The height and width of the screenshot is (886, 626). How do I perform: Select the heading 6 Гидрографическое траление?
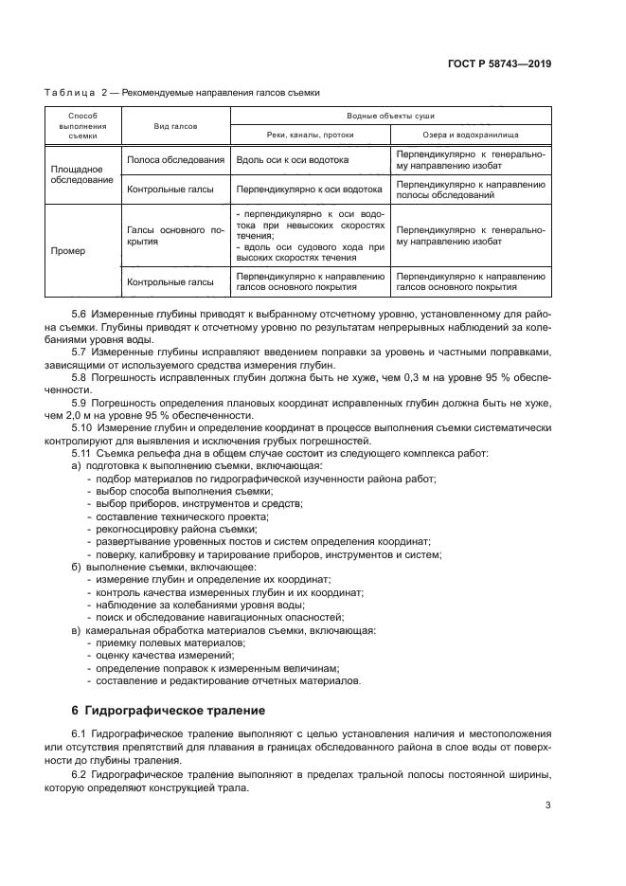169,710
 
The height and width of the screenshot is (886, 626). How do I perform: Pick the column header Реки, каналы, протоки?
311,135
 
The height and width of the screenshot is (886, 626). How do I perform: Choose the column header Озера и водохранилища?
471,135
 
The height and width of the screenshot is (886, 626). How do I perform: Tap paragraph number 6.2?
80,776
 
